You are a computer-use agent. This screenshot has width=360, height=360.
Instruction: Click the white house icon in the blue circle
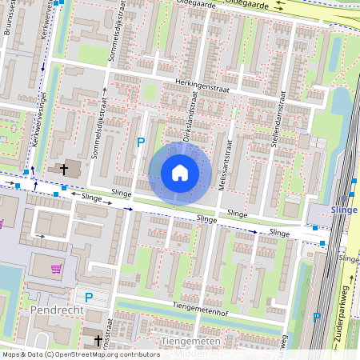click(180, 173)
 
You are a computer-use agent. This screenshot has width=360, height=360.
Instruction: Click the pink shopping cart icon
click(56, 269)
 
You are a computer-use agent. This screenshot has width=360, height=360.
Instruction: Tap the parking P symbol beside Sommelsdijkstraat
click(141, 142)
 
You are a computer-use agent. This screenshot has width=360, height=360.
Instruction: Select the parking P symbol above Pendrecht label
click(89, 297)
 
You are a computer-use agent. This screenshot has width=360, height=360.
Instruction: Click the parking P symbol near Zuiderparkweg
click(317, 317)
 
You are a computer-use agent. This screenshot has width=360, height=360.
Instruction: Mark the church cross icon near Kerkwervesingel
click(63, 170)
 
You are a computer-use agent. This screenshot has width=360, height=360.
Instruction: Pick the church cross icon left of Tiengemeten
click(98, 341)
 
